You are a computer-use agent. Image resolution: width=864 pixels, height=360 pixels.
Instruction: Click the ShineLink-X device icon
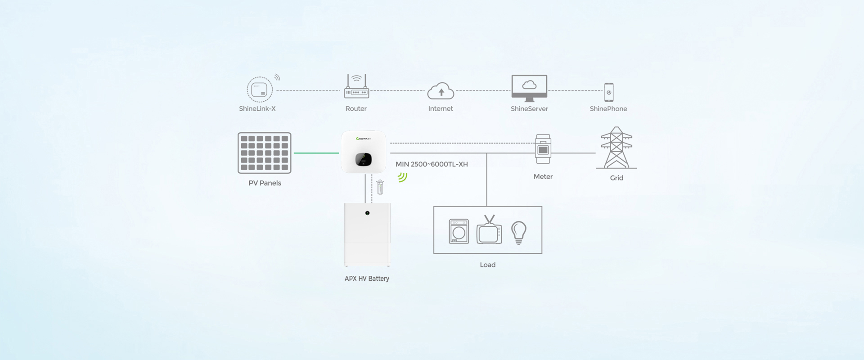(260, 90)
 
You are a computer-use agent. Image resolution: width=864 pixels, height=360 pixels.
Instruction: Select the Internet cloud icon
(441, 91)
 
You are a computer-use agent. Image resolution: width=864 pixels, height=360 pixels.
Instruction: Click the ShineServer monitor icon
(529, 87)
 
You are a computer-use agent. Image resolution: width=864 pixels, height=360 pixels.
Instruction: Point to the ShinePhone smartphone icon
(608, 92)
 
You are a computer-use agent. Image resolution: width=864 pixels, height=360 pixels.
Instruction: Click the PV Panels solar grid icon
(265, 153)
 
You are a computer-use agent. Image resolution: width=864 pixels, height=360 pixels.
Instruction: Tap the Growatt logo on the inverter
(364, 139)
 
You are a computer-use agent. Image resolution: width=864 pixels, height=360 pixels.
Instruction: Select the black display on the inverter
(364, 159)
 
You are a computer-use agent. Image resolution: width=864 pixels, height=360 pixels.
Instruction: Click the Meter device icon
(543, 149)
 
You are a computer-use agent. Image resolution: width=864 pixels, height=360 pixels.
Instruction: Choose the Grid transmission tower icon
(616, 148)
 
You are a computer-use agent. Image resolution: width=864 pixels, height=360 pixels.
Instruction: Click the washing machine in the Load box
(459, 231)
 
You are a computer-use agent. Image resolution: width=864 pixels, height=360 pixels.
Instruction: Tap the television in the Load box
(489, 230)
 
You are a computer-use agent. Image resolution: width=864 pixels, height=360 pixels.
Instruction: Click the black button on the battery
(368, 213)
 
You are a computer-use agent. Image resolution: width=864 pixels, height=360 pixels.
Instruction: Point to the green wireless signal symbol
(402, 177)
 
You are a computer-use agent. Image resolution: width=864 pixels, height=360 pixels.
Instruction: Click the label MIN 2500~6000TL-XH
(432, 164)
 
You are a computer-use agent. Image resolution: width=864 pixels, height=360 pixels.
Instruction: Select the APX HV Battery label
(367, 279)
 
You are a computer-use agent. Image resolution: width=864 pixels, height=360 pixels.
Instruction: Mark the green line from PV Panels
(316, 153)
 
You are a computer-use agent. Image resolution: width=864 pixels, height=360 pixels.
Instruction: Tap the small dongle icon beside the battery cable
(380, 187)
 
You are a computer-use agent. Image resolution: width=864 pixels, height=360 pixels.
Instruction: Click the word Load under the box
(487, 265)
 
